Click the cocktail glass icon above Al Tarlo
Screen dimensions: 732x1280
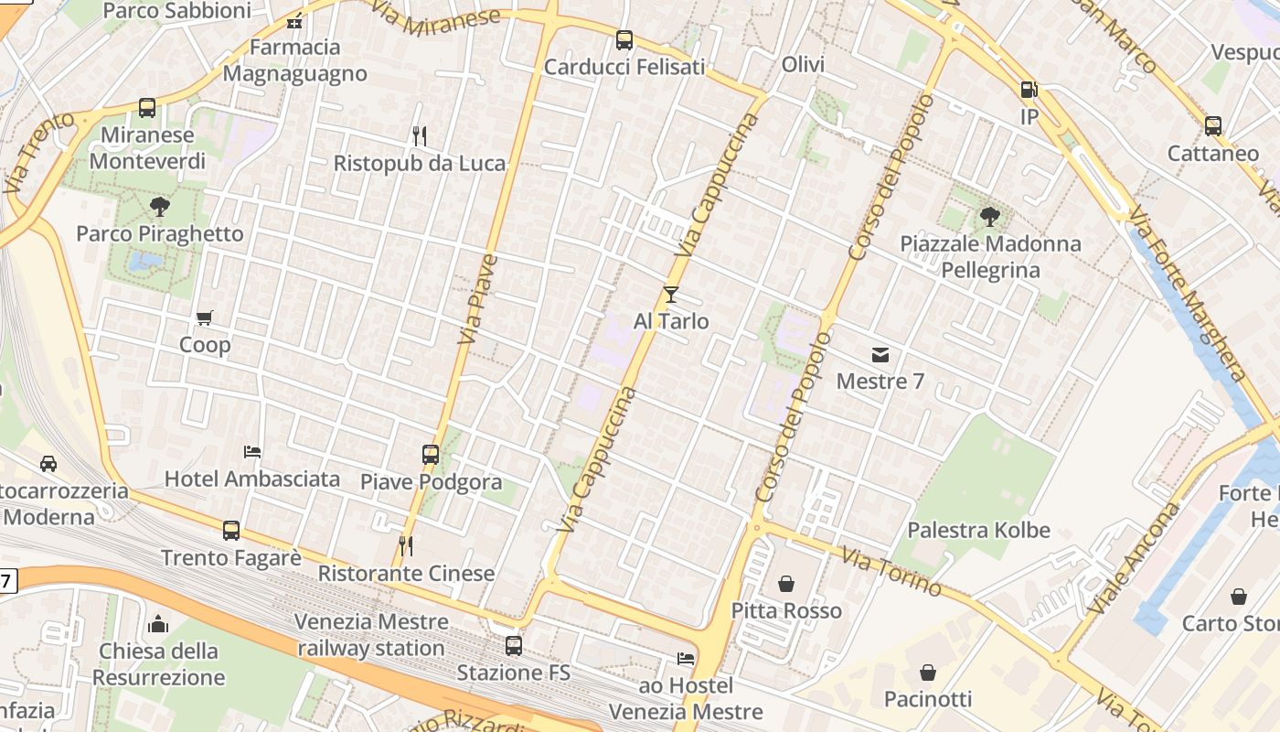(671, 294)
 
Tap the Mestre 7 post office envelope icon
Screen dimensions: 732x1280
(880, 354)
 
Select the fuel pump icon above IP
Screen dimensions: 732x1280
(1029, 90)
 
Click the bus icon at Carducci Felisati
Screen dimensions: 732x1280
(624, 39)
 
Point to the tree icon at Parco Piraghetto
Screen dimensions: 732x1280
(160, 206)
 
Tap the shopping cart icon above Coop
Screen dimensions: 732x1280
(205, 318)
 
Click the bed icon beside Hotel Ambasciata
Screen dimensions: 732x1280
(252, 451)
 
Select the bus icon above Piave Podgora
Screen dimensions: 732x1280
(430, 454)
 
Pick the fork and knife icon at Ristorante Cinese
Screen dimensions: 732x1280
(406, 546)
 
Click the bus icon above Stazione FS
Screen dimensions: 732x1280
(514, 645)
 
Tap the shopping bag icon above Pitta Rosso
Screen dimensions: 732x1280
(786, 583)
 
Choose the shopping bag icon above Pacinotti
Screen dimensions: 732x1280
(928, 673)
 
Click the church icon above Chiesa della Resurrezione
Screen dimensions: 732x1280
(158, 624)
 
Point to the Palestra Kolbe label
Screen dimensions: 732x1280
(978, 530)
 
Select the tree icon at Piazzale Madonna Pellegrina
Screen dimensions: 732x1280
(989, 217)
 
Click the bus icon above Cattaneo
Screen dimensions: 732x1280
(1213, 125)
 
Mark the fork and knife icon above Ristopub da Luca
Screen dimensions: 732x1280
(420, 135)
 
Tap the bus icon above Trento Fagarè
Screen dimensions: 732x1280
(231, 530)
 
